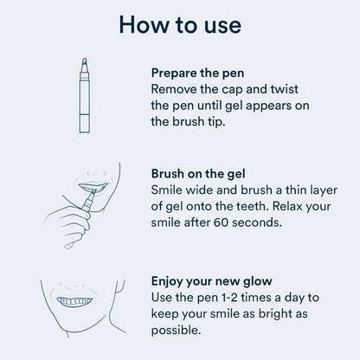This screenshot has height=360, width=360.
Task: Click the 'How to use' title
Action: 179,24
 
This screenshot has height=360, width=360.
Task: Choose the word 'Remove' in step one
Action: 176,89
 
